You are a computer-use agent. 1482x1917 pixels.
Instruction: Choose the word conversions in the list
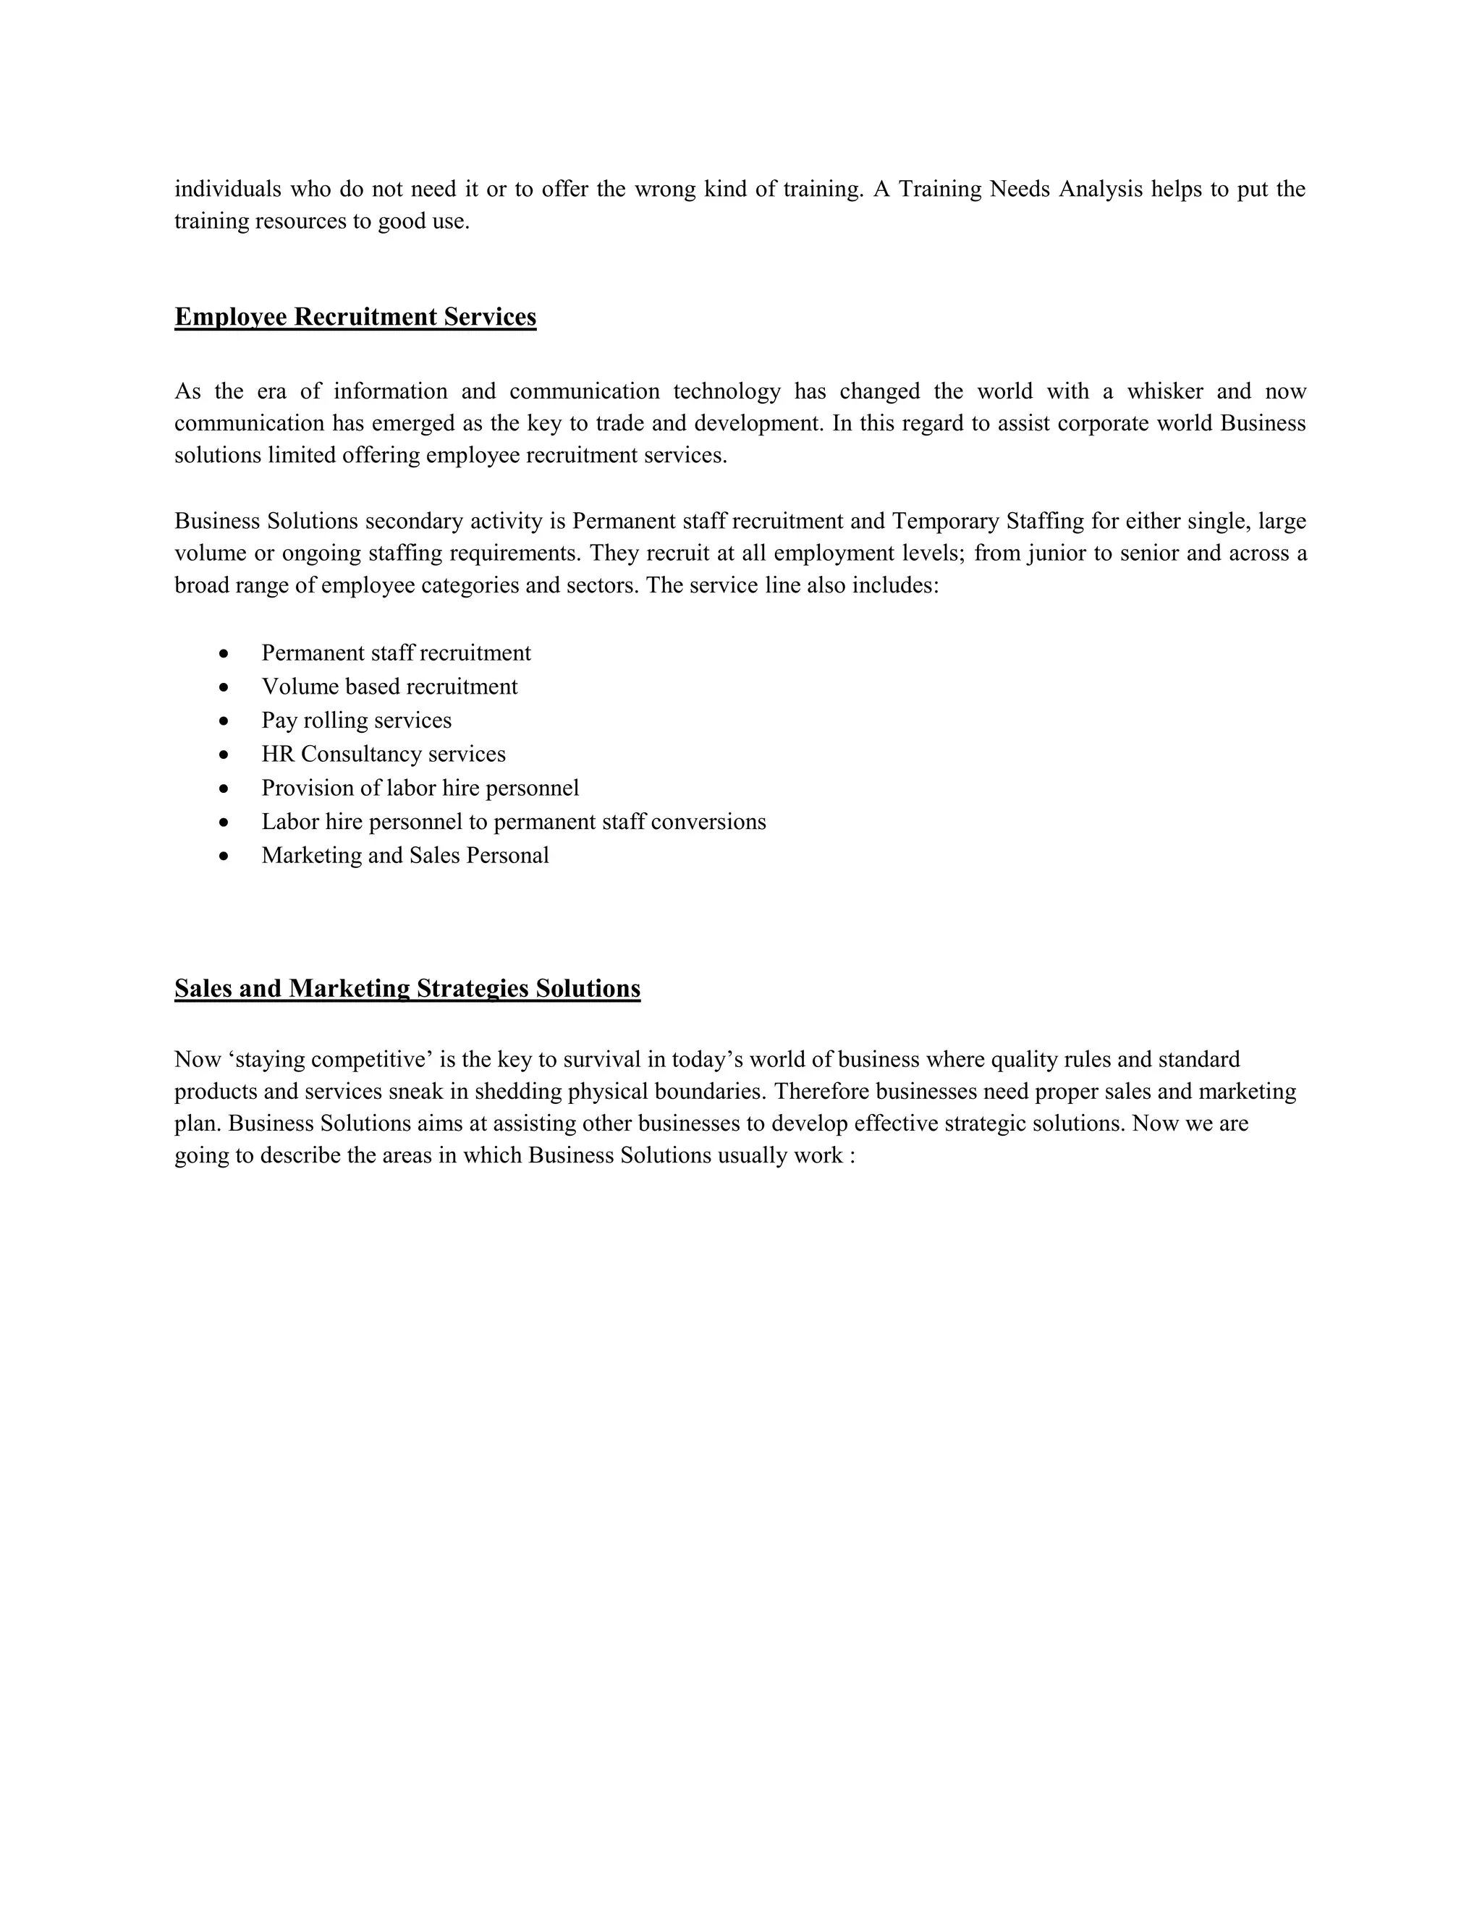pos(709,823)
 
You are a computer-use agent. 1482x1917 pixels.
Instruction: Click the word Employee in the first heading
pos(231,317)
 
